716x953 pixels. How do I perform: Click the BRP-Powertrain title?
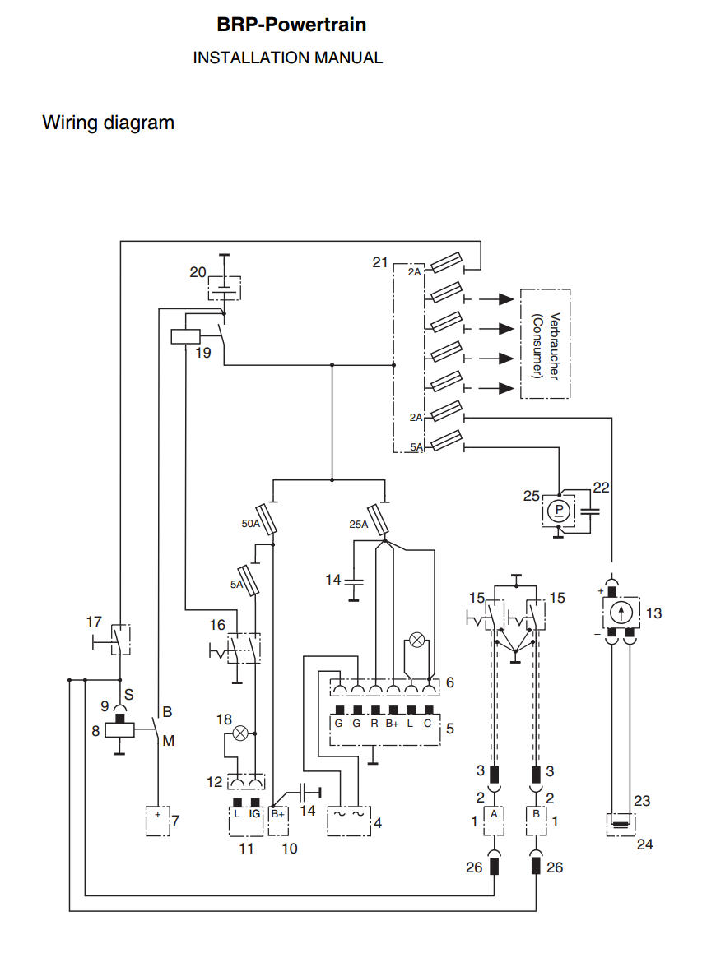click(291, 25)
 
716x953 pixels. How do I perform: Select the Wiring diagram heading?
click(108, 123)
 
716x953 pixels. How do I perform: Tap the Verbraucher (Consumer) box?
click(545, 344)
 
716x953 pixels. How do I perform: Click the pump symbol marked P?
click(559, 511)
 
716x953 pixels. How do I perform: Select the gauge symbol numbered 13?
click(621, 613)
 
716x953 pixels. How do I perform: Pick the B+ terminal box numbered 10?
click(279, 820)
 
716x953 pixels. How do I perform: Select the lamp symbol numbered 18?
click(240, 733)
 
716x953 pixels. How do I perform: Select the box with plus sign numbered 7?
click(156, 820)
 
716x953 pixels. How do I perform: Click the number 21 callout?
click(379, 262)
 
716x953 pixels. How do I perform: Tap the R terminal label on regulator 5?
click(375, 724)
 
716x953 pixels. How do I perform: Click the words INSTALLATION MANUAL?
click(287, 58)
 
